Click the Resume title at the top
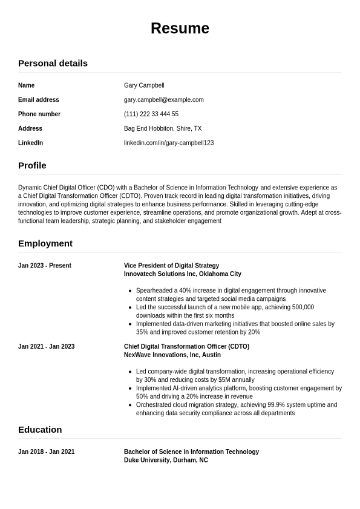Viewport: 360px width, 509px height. click(x=180, y=28)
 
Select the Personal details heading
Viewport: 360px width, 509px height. click(x=53, y=63)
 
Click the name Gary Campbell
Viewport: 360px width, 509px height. click(x=144, y=85)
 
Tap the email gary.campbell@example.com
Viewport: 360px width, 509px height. click(x=163, y=100)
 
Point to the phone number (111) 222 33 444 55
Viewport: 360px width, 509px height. click(x=151, y=114)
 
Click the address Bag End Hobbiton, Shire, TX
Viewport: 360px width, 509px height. click(x=162, y=128)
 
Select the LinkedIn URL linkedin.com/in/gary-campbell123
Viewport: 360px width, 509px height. click(x=168, y=143)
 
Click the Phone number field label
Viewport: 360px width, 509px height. click(x=39, y=114)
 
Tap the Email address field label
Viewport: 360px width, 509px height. click(x=39, y=100)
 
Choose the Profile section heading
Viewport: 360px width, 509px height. click(x=32, y=165)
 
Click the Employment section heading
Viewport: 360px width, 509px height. click(x=45, y=243)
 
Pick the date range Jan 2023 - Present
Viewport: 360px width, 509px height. click(x=45, y=266)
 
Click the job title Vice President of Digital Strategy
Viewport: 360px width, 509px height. click(x=171, y=266)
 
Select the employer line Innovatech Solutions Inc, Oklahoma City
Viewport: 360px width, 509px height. click(x=182, y=274)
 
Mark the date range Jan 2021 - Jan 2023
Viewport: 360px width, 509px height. click(x=46, y=347)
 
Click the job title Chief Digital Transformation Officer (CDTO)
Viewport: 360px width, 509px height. click(x=186, y=347)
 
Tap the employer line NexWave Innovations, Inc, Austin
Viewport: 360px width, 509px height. click(x=172, y=355)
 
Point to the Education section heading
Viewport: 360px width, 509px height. click(x=40, y=430)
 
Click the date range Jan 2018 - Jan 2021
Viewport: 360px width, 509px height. click(x=46, y=452)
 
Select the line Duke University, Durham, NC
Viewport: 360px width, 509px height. click(x=166, y=461)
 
